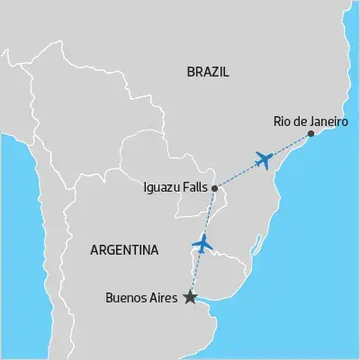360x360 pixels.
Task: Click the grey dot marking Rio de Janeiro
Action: [x=311, y=134]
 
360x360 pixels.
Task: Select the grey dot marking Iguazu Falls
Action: [x=214, y=188]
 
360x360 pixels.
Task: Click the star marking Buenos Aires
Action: [x=190, y=297]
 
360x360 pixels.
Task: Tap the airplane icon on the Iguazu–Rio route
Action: [x=264, y=160]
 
